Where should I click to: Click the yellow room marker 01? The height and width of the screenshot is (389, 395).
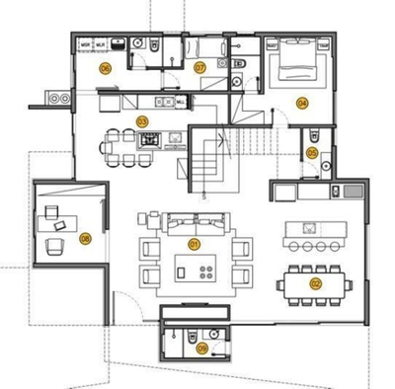[x=194, y=243]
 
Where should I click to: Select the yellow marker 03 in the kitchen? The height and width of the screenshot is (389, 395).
[x=142, y=121]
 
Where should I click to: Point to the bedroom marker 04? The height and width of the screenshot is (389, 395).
[x=302, y=102]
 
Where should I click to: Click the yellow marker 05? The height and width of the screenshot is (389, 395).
[x=312, y=152]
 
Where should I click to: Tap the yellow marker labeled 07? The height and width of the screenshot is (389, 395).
[x=198, y=68]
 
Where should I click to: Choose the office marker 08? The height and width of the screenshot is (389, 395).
[x=86, y=237]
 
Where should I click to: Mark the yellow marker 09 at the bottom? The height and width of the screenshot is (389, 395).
[x=202, y=348]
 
